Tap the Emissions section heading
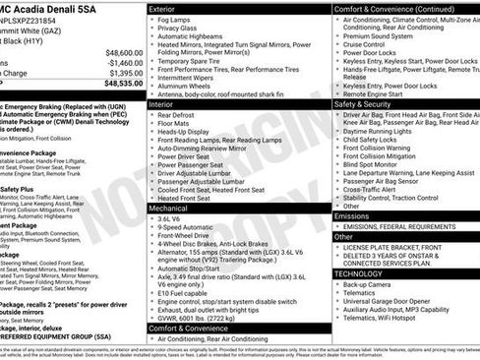pos(353,215)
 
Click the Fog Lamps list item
pos(175,20)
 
